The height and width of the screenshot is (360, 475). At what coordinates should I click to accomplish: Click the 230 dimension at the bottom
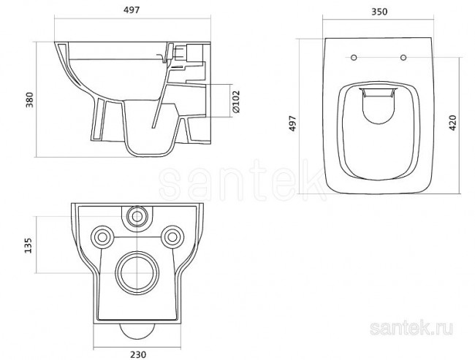click(138, 353)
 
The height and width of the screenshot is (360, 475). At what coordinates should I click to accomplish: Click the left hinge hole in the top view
click(354, 58)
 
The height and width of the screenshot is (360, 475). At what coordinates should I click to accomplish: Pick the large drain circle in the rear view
click(137, 269)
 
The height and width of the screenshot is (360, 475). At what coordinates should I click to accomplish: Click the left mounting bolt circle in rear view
click(101, 235)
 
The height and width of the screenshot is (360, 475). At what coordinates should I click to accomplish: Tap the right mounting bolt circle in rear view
click(173, 235)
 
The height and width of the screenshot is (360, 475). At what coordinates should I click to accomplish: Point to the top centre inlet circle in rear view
click(137, 215)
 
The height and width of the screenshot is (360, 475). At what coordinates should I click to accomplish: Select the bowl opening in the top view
click(378, 131)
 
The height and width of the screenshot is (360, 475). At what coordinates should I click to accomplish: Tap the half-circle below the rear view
click(137, 332)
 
